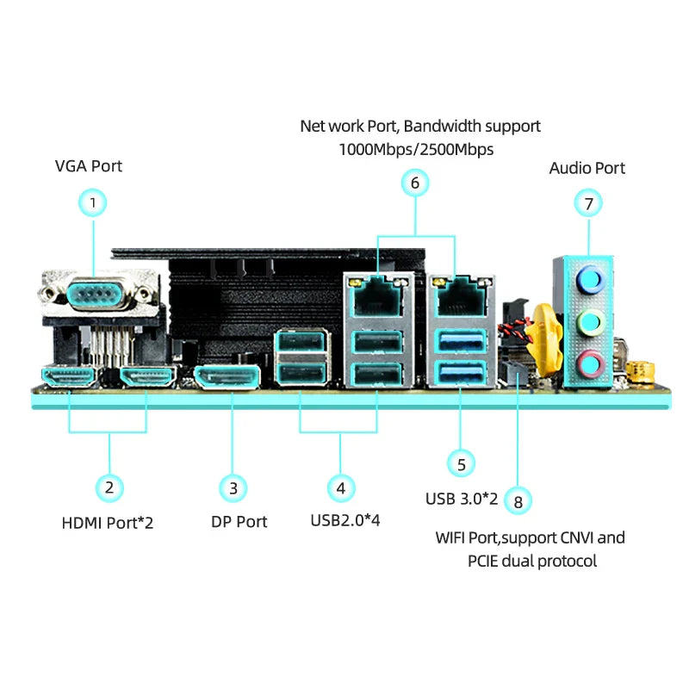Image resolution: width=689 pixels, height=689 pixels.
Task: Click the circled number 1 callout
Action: click(x=93, y=203)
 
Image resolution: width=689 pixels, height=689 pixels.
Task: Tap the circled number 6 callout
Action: click(x=414, y=183)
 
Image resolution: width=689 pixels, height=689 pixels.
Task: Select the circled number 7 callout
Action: click(x=588, y=203)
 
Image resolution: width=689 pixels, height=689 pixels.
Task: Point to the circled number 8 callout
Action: click(x=517, y=500)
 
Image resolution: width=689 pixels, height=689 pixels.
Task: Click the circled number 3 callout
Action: click(x=233, y=488)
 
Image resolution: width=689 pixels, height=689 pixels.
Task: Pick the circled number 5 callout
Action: click(x=461, y=463)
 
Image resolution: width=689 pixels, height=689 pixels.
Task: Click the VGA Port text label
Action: click(x=89, y=165)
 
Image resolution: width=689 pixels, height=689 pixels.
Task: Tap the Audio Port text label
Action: click(x=587, y=168)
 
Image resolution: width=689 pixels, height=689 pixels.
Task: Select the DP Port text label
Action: click(x=239, y=522)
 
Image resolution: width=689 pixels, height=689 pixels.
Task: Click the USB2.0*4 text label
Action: click(x=344, y=520)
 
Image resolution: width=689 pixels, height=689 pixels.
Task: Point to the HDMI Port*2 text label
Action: click(x=108, y=522)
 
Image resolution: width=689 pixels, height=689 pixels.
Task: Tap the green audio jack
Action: click(x=588, y=323)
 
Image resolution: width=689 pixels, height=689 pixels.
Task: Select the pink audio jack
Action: click(x=588, y=364)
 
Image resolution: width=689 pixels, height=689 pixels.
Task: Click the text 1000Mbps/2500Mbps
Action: click(x=416, y=149)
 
